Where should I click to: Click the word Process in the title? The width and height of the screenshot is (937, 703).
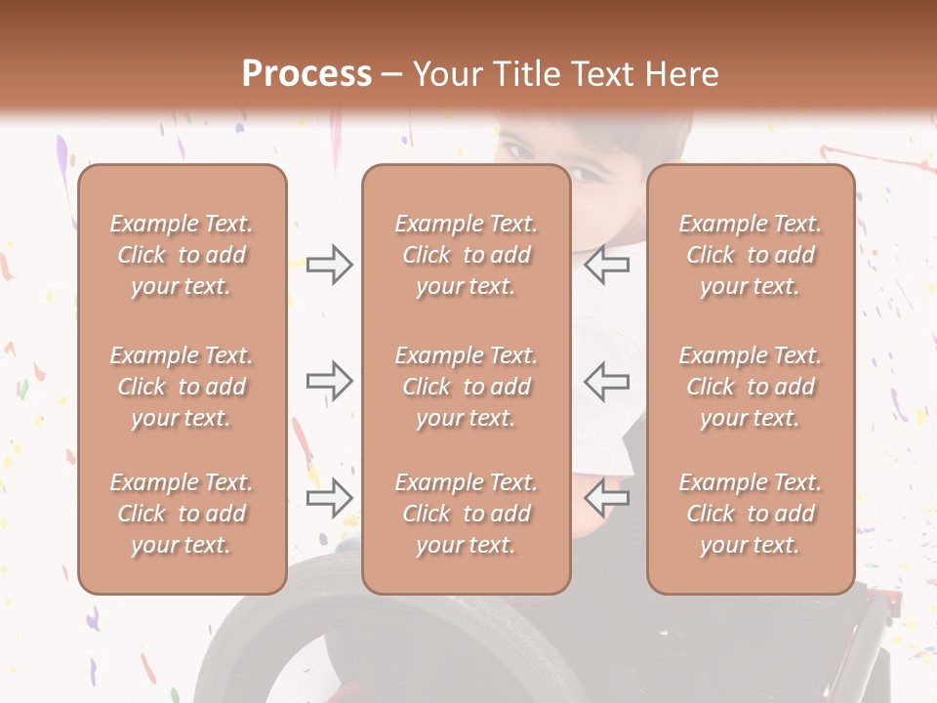pos(306,74)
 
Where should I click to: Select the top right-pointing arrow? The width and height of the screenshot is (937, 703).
pos(329,265)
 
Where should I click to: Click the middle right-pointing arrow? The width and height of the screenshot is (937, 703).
pos(329,382)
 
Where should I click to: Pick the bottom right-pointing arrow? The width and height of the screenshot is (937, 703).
pos(329,499)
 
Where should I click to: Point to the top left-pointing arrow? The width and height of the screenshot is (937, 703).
pos(606,265)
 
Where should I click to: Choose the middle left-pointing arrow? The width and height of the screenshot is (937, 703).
pos(606,382)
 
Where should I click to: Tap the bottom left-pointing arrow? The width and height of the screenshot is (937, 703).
pos(606,499)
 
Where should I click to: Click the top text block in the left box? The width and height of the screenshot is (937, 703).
pos(182,255)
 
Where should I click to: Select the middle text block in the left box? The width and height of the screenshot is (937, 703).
pos(182,387)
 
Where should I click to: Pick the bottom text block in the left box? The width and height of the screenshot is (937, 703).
pos(182,514)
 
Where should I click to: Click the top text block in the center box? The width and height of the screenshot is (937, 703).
pos(466,255)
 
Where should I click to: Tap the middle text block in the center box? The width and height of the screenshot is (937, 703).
pos(466,387)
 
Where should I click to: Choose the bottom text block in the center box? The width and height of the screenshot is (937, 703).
pos(466,514)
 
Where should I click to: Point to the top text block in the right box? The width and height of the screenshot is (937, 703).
pos(750,255)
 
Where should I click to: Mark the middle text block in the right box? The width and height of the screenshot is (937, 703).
pos(750,387)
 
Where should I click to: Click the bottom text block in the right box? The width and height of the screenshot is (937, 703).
pos(750,514)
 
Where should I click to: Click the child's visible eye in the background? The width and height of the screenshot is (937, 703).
pos(586,174)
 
